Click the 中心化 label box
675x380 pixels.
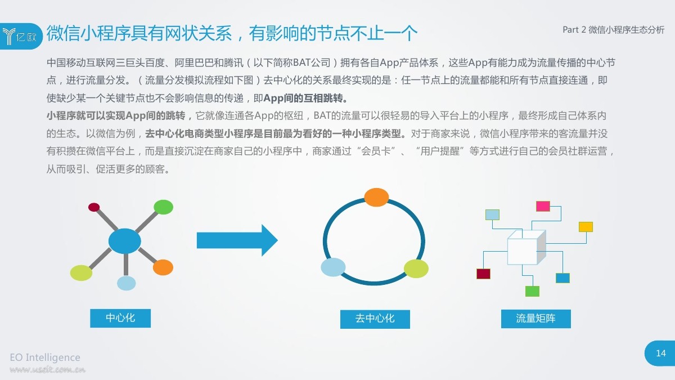click(120, 318)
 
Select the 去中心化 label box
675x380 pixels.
click(375, 319)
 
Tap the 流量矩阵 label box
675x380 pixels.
click(535, 319)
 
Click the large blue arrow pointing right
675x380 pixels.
click(237, 240)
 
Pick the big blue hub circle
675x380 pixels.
click(124, 241)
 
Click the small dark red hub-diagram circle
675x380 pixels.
click(94, 207)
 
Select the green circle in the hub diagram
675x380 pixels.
click(163, 207)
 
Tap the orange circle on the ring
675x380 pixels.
click(376, 197)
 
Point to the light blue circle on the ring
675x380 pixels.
click(333, 267)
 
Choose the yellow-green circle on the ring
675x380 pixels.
click(416, 269)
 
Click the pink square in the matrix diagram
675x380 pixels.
click(543, 206)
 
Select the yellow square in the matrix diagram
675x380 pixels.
click(586, 227)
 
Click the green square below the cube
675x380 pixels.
click(532, 292)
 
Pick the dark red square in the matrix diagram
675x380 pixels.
click(483, 274)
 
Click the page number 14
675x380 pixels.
click(661, 353)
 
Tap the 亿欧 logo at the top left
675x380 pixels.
click(21, 36)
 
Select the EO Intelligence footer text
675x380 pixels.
click(45, 357)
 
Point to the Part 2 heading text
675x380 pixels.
click(614, 30)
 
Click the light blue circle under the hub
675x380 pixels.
click(126, 283)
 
